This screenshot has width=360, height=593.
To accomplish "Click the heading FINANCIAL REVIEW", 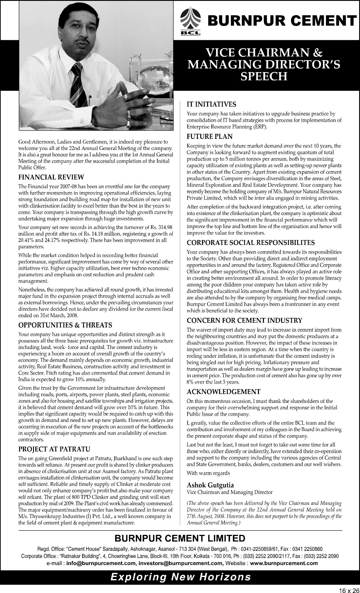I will point(51,177).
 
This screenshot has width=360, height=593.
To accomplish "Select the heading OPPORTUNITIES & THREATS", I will point(65,325).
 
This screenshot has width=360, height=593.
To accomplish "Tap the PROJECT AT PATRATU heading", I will point(54,449).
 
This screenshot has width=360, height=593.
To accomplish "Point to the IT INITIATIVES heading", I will point(211,104).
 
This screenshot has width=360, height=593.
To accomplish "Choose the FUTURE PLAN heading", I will point(210,136).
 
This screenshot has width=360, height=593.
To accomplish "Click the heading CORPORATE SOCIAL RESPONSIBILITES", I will point(251,243).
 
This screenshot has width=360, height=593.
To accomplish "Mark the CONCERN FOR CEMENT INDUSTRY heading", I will point(244,320).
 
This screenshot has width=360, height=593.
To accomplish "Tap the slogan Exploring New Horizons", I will point(180,577).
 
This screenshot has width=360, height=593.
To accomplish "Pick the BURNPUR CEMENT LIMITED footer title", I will point(180,538).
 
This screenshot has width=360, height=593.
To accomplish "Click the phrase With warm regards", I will point(208,473).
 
